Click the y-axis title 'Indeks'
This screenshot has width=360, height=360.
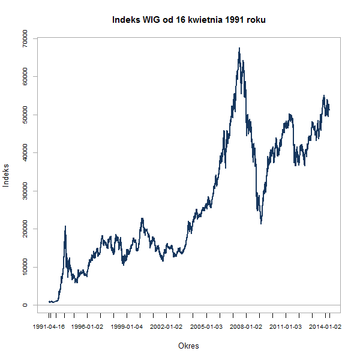click(x=7, y=175)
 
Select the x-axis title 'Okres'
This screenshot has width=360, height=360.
click(x=189, y=346)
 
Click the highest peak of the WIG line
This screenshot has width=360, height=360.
click(x=239, y=48)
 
